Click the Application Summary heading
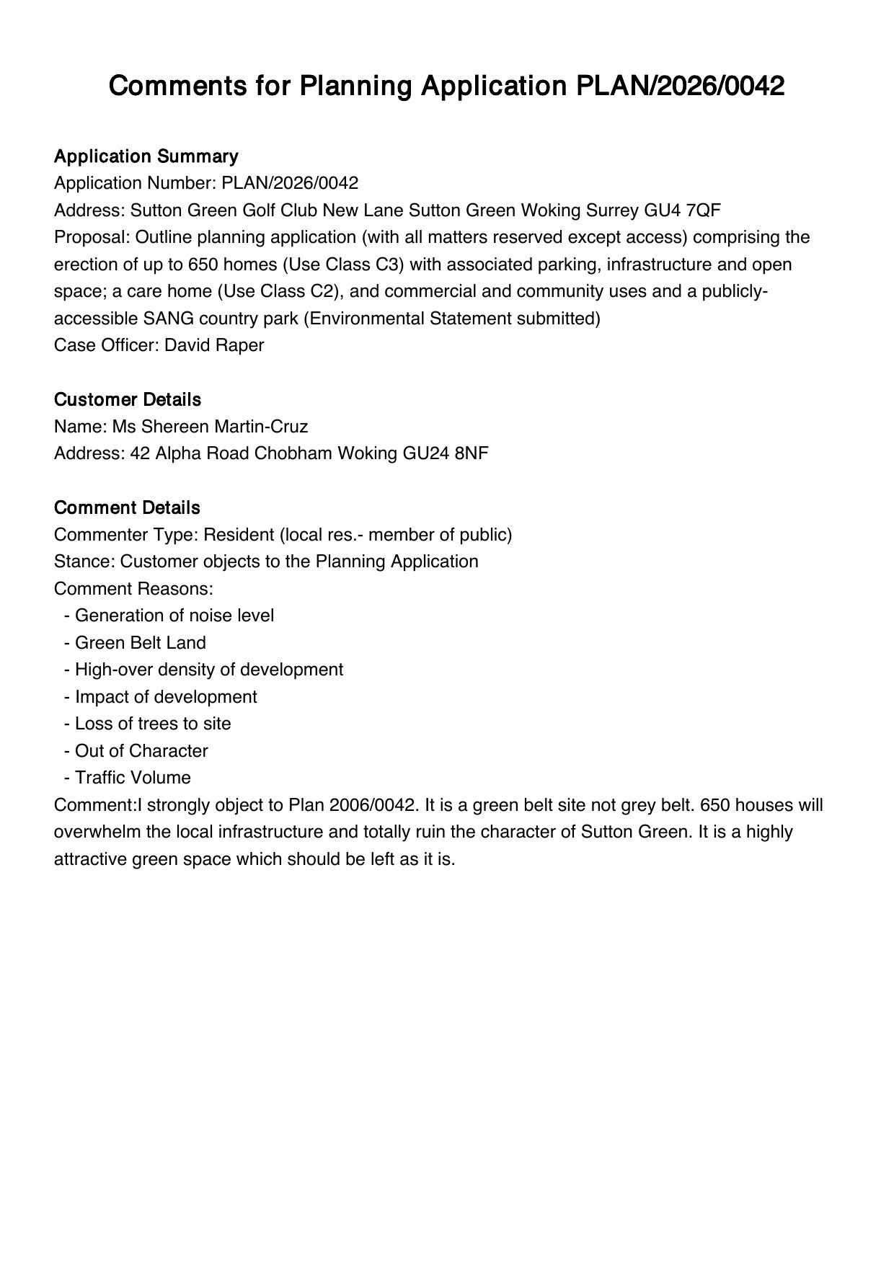146,156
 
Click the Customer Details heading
128,399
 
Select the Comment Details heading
127,507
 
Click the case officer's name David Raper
214,345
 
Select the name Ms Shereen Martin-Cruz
210,427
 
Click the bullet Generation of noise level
174,616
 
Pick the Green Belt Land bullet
140,643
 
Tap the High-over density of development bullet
208,670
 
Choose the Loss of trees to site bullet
152,724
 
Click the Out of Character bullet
141,751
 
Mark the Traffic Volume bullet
133,778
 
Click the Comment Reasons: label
133,589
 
